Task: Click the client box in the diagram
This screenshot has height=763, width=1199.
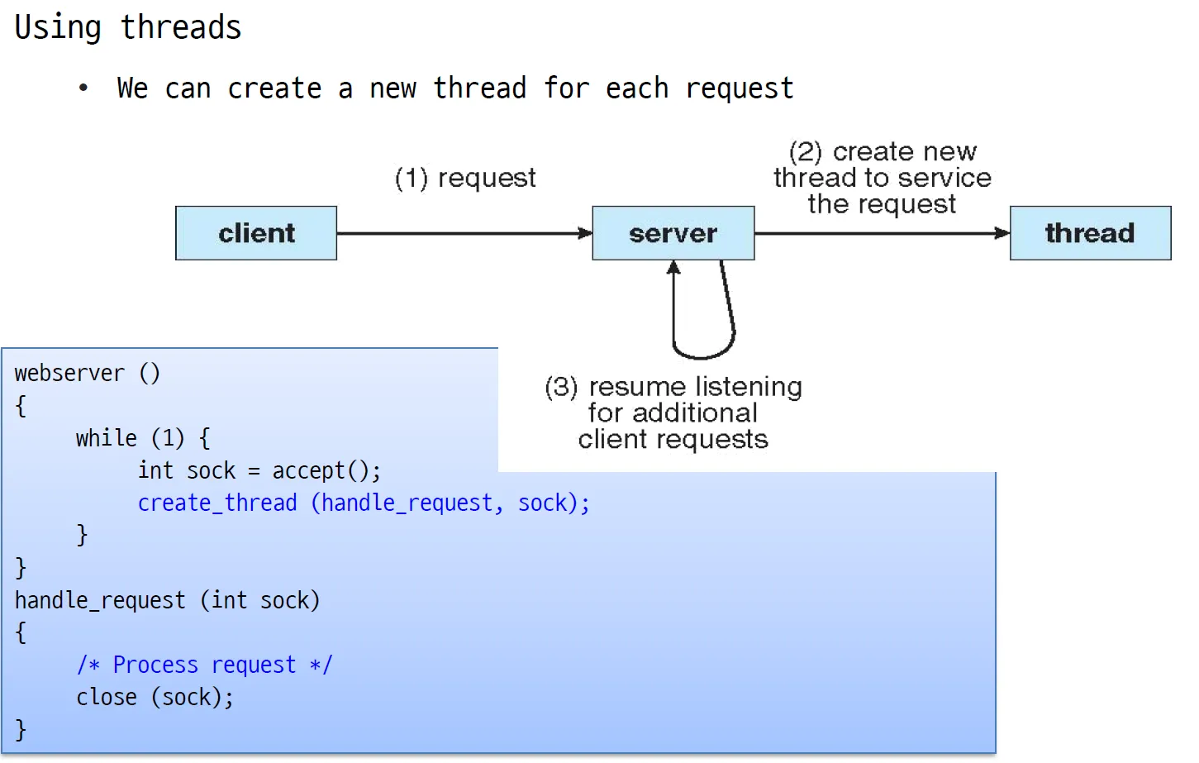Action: [256, 233]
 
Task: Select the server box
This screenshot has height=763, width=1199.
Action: [673, 233]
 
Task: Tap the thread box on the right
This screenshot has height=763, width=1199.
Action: [1091, 233]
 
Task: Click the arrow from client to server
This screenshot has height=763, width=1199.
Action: [464, 233]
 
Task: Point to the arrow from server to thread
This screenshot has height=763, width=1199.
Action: [883, 233]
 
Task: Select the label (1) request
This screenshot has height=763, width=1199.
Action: [465, 178]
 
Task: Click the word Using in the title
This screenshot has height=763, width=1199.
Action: [58, 28]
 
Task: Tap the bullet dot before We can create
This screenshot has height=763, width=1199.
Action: [83, 88]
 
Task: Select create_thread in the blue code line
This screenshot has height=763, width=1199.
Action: [217, 503]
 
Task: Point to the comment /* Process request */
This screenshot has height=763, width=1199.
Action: [204, 665]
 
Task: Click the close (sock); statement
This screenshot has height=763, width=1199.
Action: [155, 697]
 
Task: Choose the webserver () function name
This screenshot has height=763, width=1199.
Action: [87, 373]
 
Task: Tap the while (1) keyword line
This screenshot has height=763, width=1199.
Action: [143, 438]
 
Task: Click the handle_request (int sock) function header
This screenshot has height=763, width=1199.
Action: [167, 600]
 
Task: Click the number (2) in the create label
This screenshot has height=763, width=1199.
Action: [806, 152]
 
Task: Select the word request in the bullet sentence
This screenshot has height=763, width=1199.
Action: [740, 88]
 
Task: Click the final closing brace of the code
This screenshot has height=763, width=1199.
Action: [21, 730]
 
